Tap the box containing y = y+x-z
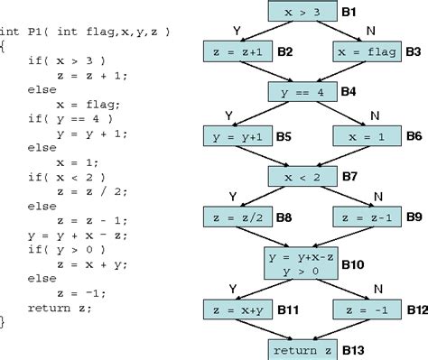pos(302,263)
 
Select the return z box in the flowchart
pos(302,348)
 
